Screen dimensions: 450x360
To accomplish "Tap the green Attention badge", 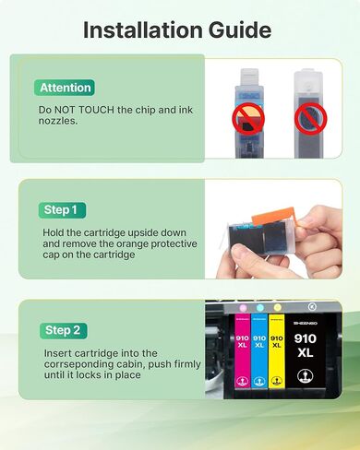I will point(65,88).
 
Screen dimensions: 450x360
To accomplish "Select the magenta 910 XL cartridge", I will point(243,350).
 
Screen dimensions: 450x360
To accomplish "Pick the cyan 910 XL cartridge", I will point(260,350).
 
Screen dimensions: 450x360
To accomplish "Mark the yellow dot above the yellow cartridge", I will point(278,307).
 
